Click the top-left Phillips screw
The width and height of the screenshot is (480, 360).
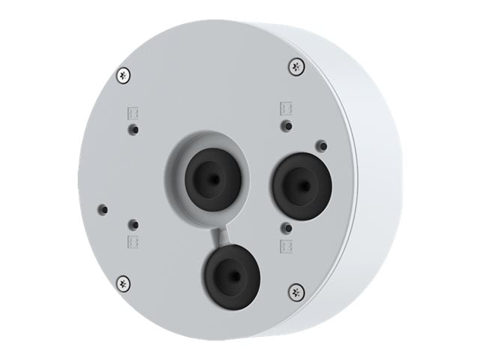(x=124, y=74)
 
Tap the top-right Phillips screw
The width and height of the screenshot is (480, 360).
(x=297, y=66)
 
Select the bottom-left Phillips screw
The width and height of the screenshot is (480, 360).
(x=124, y=283)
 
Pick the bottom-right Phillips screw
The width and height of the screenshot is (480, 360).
(x=297, y=291)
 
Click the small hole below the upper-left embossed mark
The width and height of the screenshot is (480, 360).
(x=133, y=130)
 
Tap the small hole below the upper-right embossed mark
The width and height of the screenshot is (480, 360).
(x=286, y=125)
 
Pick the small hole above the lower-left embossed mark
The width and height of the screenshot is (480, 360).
(x=133, y=224)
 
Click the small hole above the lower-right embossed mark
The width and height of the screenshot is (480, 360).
(x=286, y=227)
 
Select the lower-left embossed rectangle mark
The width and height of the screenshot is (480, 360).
(x=132, y=241)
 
